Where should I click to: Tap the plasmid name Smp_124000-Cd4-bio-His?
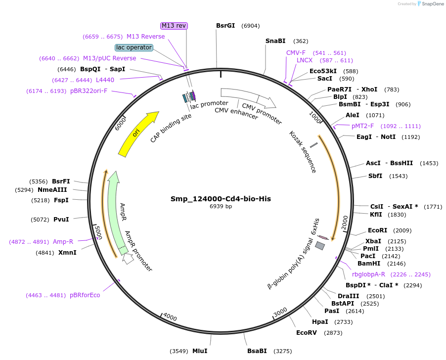click(221, 199)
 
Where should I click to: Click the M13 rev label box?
click(175, 26)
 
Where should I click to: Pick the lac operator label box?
click(134, 47)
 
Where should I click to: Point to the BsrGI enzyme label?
click(225, 26)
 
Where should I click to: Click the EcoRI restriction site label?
click(378, 230)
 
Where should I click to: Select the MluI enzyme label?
click(200, 351)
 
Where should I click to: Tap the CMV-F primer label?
click(296, 53)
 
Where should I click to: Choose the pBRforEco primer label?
click(85, 295)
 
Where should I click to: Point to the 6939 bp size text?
click(221, 207)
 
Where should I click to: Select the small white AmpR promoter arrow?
click(128, 258)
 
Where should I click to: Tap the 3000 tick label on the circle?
click(280, 313)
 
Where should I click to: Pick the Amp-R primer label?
click(63, 242)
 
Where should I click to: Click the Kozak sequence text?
click(303, 152)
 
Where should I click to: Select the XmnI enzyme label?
click(67, 253)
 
